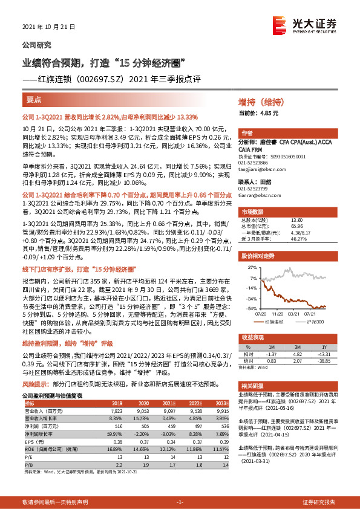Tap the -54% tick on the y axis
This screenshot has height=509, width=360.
point(254,308)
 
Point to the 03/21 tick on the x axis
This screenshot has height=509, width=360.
point(295,314)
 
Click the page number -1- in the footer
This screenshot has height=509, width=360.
point(180,502)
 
